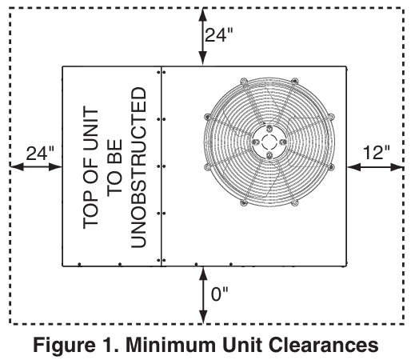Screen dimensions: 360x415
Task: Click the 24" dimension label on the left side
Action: click(38, 152)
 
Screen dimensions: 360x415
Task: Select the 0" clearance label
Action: click(218, 294)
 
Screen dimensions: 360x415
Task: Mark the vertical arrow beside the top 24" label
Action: click(202, 36)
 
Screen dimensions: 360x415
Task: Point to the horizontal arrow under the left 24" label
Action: click(36, 166)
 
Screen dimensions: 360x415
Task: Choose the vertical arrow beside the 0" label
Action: click(202, 294)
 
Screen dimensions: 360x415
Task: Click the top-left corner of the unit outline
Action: click(63, 66)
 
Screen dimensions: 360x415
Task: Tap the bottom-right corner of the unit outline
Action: click(348, 265)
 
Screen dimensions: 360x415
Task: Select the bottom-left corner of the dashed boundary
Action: click(10, 322)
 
